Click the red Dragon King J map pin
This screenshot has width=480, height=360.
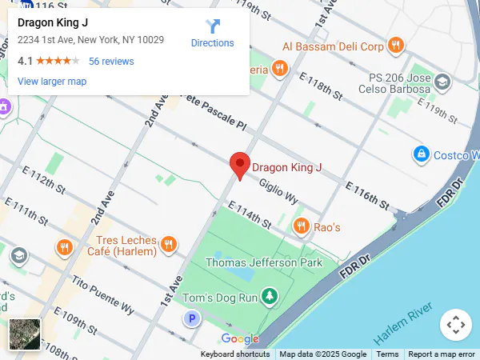(x=239, y=165)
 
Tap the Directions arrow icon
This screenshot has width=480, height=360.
(x=213, y=26)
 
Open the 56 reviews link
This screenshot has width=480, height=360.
(x=111, y=61)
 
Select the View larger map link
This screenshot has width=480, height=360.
(x=52, y=81)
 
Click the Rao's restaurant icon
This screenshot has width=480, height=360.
(x=301, y=226)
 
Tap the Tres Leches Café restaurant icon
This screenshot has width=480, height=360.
(x=168, y=244)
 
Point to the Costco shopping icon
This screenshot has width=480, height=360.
(x=421, y=153)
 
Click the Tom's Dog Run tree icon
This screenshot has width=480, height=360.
(x=270, y=298)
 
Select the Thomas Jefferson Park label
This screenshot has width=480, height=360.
(x=264, y=262)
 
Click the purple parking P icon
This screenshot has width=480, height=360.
(x=191, y=319)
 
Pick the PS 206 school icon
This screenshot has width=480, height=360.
(x=442, y=82)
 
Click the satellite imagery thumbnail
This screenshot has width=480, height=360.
(x=25, y=334)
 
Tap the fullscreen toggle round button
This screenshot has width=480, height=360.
(x=455, y=325)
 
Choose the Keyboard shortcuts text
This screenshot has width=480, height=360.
(x=235, y=354)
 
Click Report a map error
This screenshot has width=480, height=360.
(x=442, y=354)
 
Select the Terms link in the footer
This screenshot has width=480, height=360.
(x=387, y=354)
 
